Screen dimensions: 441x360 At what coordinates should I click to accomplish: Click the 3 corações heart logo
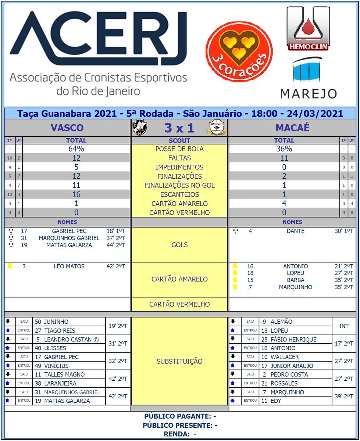239,51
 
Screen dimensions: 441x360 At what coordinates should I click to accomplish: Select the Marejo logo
308,79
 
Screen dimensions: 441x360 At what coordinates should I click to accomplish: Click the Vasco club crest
139,128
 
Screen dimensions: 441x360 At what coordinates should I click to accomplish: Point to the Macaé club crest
218,128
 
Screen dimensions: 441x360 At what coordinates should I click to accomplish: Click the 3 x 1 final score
179,128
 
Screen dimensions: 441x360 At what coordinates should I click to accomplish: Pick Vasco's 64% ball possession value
76,149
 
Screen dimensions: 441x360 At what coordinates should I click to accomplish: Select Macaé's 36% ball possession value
284,149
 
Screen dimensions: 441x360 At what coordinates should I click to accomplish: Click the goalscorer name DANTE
295,231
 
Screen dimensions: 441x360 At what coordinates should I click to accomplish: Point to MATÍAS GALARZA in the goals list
69,245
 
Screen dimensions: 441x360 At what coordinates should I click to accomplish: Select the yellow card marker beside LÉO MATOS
10,266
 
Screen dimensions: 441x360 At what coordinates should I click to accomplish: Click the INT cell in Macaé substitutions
344,326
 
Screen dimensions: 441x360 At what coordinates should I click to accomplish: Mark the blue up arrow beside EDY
232,401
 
